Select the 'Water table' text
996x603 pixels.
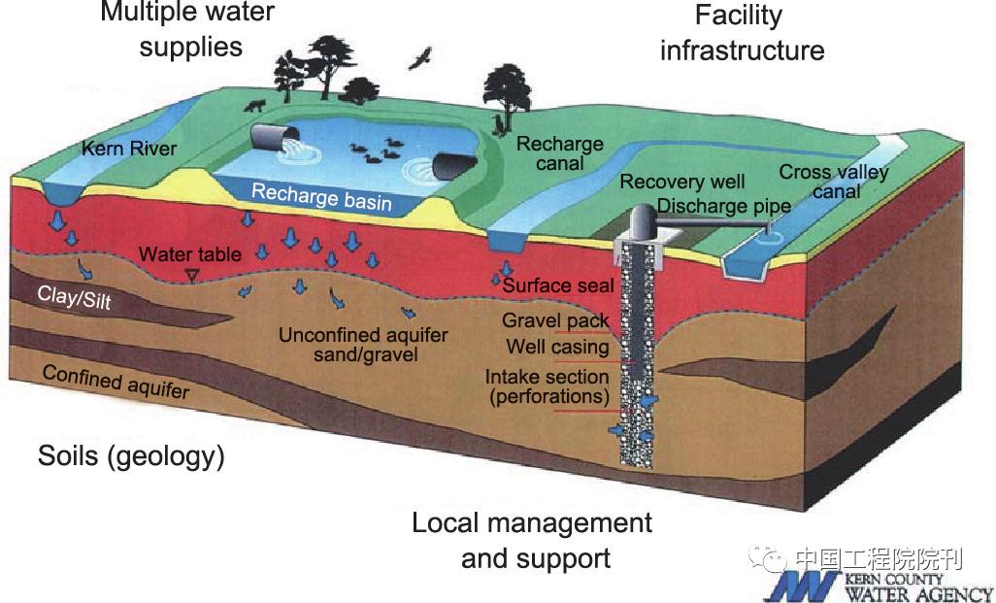(x=190, y=255)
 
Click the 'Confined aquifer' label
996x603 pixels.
(x=116, y=382)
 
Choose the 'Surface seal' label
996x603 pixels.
(x=558, y=286)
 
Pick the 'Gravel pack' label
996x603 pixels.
(x=555, y=320)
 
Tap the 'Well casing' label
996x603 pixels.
(x=557, y=347)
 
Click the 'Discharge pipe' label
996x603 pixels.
(x=723, y=206)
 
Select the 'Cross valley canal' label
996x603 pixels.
(x=834, y=182)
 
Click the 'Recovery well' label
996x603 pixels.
(x=682, y=182)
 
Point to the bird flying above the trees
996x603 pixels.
(x=421, y=59)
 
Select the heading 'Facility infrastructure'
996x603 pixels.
(x=742, y=32)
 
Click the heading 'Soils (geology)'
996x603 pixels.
(x=131, y=455)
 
